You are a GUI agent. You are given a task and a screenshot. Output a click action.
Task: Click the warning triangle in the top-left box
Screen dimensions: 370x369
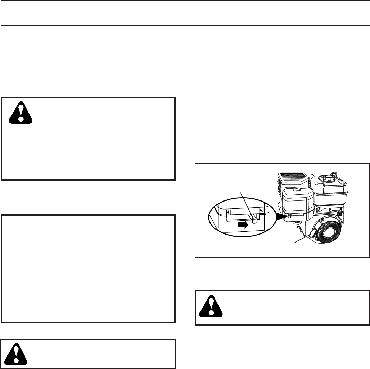[x=21, y=112]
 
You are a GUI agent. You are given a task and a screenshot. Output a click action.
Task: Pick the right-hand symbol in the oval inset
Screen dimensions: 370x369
[x=261, y=210]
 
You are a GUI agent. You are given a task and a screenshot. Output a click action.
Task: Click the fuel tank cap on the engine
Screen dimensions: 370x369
[x=328, y=179]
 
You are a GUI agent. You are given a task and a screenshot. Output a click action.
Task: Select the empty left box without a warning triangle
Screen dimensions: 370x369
[x=88, y=269]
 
